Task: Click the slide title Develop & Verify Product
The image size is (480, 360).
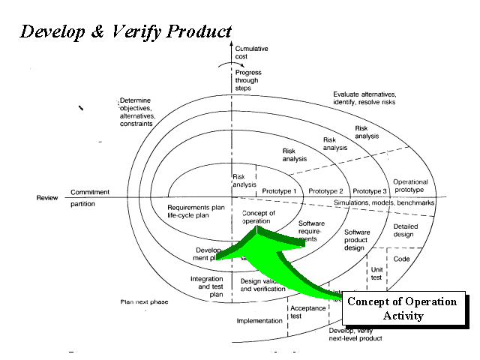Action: click(124, 32)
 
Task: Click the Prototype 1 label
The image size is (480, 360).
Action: click(280, 190)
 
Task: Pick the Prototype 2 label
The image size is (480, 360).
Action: click(325, 190)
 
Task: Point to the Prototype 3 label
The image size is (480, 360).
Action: click(369, 190)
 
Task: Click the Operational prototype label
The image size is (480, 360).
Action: click(410, 186)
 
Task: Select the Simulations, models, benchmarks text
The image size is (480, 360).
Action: click(384, 203)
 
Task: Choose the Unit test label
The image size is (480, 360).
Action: click(376, 272)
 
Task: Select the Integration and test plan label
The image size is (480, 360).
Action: click(206, 286)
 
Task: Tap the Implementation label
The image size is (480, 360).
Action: click(259, 321)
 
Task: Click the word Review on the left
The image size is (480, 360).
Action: click(47, 198)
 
